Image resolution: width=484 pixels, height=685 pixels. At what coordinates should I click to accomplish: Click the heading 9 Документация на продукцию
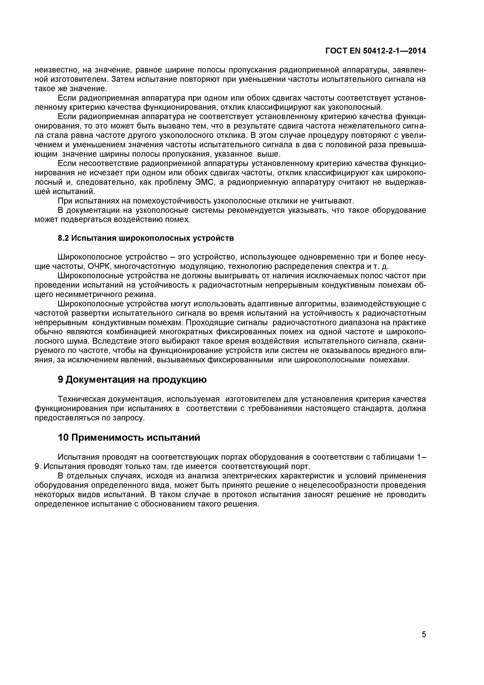(x=132, y=379)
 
